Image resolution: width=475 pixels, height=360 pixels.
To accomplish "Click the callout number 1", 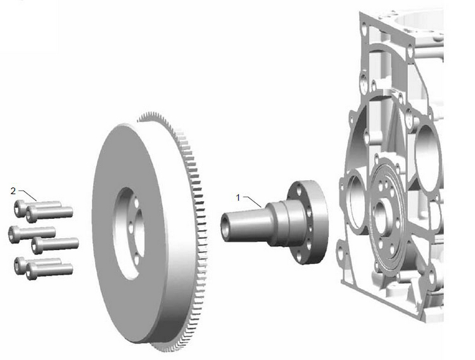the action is tap(237, 198).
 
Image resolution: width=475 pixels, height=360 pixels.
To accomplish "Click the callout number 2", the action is tap(13, 191).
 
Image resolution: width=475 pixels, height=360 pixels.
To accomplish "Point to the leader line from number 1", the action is tap(252, 202).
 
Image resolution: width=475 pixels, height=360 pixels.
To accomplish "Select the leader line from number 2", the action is tap(28, 196).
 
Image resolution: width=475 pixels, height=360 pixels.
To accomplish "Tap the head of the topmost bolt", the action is tap(20, 208).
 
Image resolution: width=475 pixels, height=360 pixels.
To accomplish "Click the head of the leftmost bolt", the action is tap(14, 234).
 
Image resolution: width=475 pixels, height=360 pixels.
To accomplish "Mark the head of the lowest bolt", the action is tap(31, 271).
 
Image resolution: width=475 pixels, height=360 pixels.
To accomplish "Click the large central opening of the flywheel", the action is tap(127, 232).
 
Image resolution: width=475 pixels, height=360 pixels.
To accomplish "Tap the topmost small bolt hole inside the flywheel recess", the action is tap(136, 202).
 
